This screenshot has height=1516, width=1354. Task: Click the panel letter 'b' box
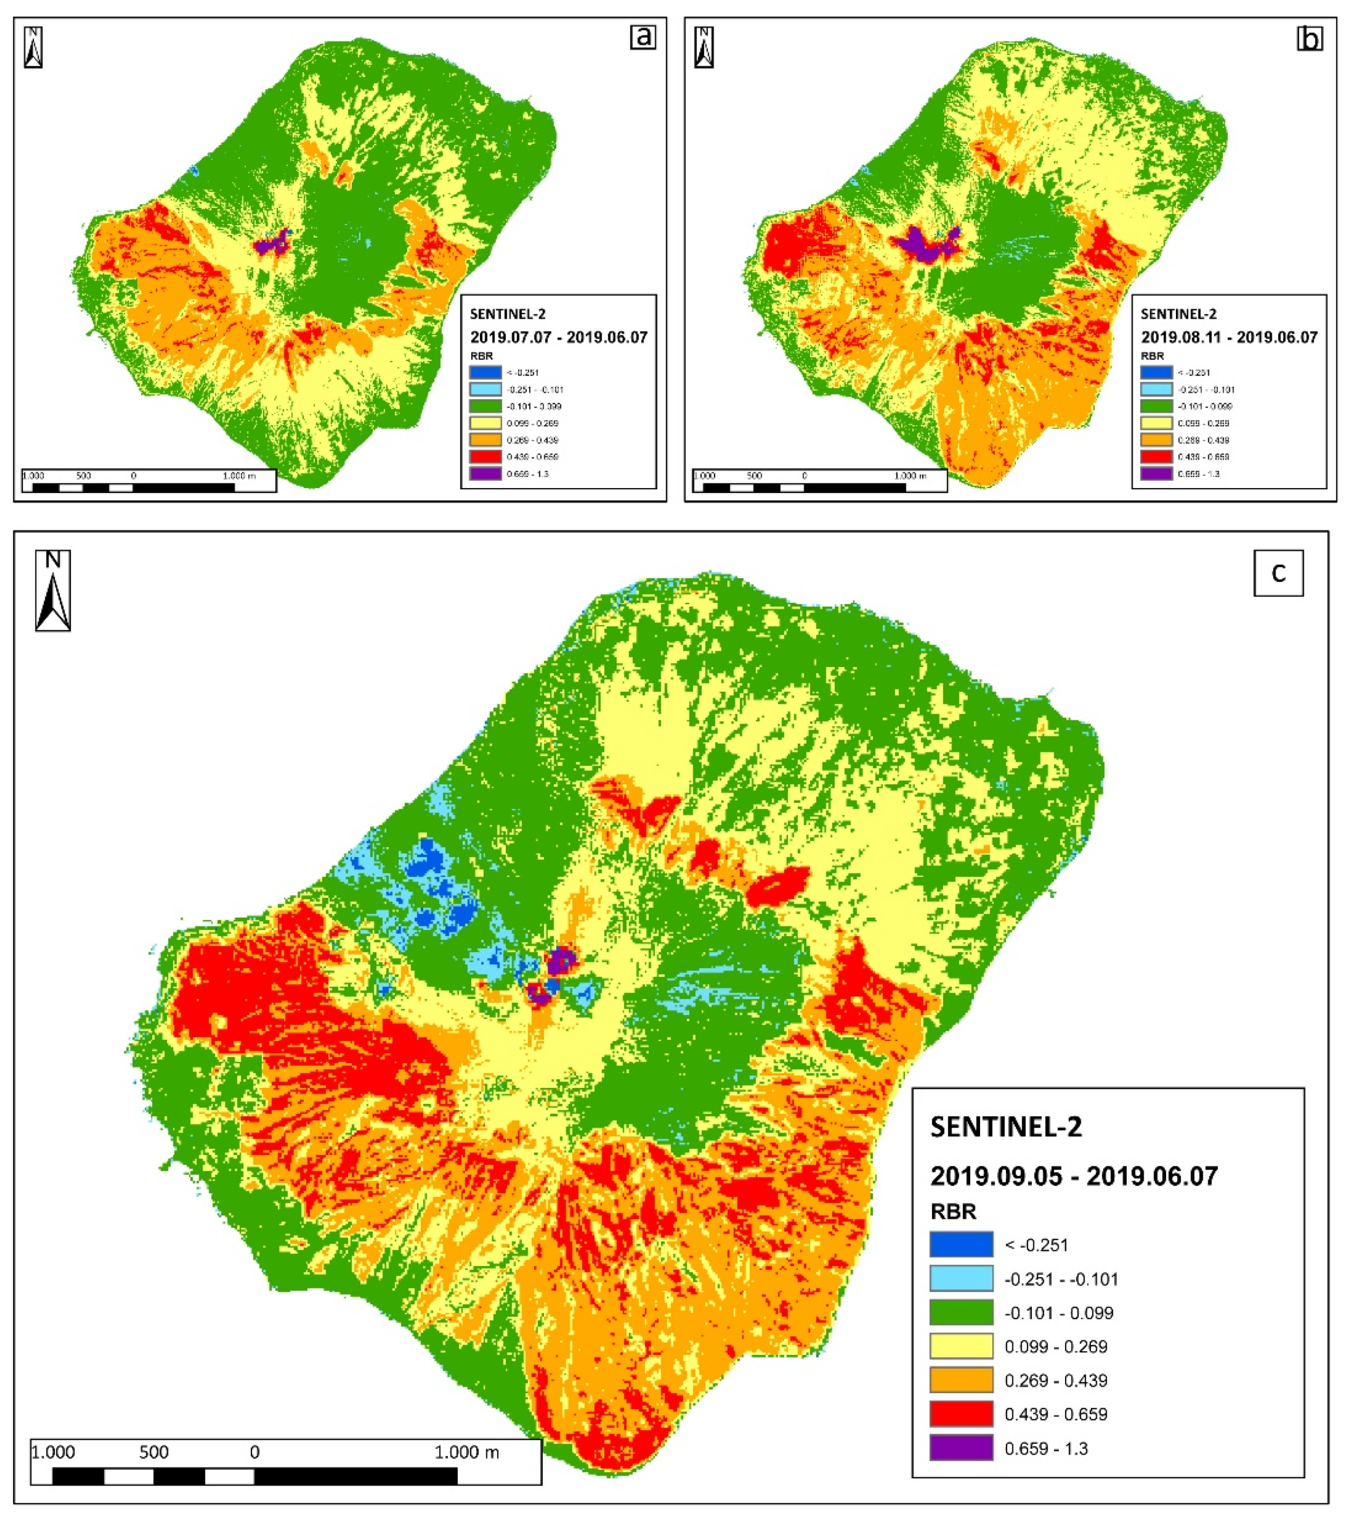pyautogui.click(x=1309, y=38)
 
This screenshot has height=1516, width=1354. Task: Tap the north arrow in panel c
pyautogui.click(x=53, y=591)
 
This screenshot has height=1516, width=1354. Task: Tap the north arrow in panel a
pyautogui.click(x=34, y=48)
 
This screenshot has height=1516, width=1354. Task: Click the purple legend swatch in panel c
pyautogui.click(x=961, y=1447)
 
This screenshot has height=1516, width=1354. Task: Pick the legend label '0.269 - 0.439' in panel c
pyautogui.click(x=1056, y=1380)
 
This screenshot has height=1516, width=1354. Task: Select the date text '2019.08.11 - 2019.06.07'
pyautogui.click(x=1228, y=337)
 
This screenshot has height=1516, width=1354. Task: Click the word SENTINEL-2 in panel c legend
pyautogui.click(x=1006, y=1127)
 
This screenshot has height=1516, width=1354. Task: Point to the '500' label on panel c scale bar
pyautogui.click(x=154, y=1452)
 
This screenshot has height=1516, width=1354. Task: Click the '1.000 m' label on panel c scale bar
pyautogui.click(x=467, y=1452)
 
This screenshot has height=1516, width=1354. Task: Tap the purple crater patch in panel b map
pyautogui.click(x=922, y=244)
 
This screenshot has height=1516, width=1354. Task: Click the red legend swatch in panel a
pyautogui.click(x=485, y=457)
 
